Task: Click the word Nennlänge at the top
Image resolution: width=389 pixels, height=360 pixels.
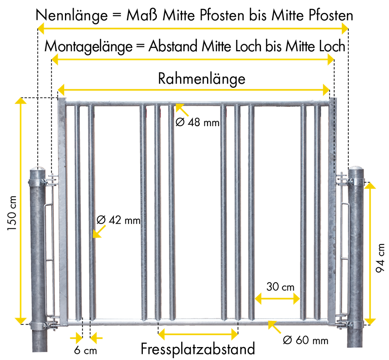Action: (x=72, y=15)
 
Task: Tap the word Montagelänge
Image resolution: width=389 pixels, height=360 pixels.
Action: (x=88, y=46)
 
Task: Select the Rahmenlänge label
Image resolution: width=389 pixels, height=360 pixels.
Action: (x=202, y=79)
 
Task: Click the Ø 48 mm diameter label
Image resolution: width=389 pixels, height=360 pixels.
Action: (x=198, y=123)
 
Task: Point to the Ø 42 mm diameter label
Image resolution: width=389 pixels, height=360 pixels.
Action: (x=119, y=220)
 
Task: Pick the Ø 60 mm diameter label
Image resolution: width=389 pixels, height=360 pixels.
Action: (x=305, y=340)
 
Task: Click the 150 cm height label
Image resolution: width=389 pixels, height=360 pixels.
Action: (x=12, y=213)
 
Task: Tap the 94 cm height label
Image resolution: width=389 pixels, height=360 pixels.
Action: (x=380, y=258)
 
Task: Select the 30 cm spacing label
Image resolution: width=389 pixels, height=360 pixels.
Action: (x=280, y=287)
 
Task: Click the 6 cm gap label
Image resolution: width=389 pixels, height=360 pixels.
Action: (x=85, y=351)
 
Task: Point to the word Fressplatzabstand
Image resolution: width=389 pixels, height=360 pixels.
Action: (x=198, y=349)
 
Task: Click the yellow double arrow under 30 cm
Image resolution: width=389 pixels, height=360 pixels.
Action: (x=277, y=298)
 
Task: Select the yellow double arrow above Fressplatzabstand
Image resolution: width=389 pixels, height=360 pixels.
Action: (x=198, y=334)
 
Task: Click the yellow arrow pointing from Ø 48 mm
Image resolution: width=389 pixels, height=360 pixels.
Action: (x=182, y=110)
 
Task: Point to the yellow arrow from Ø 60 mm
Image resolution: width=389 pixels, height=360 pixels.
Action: (x=274, y=327)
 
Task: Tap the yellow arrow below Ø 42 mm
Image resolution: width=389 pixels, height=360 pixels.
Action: (x=99, y=232)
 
